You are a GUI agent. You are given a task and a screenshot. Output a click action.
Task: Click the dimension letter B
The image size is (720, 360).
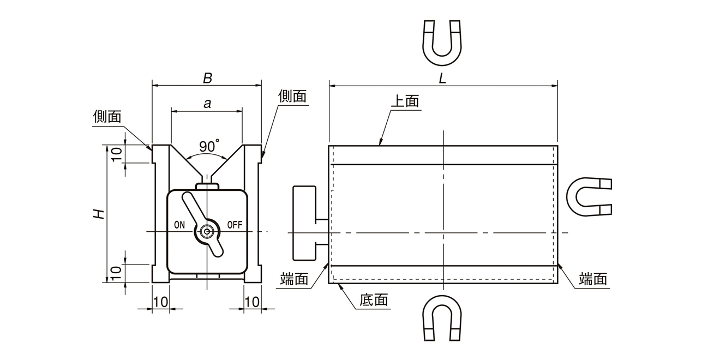[x=207, y=78]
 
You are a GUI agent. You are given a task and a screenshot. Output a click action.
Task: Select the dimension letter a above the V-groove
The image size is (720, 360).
[x=207, y=104]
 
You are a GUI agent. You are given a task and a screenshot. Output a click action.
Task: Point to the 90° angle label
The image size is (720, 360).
[x=208, y=146]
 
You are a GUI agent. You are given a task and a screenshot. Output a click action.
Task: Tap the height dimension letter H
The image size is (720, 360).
[x=98, y=214]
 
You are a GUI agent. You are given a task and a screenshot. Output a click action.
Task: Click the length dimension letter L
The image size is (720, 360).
[x=443, y=78]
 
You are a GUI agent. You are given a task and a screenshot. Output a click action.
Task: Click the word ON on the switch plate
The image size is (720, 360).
[x=179, y=224]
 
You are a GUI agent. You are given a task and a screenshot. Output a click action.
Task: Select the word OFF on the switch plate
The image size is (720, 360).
[x=235, y=224]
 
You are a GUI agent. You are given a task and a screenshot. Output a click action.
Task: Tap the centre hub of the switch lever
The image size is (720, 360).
[x=207, y=231]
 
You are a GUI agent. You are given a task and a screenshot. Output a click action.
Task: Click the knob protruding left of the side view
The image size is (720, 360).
[x=304, y=222]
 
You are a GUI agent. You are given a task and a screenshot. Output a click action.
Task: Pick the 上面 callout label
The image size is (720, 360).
[x=405, y=101]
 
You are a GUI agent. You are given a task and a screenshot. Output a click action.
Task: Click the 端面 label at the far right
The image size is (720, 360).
[x=593, y=279]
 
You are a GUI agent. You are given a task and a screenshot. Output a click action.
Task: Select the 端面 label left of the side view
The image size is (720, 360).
[x=294, y=279]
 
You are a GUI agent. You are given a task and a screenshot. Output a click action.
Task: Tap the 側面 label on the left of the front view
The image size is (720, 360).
[x=107, y=116]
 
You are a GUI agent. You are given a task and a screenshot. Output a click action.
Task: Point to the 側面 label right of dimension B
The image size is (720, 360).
[x=292, y=96]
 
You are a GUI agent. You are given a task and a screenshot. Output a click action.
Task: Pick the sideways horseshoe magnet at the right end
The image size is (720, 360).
[x=589, y=196]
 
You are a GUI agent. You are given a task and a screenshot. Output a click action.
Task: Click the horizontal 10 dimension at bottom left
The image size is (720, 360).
[x=161, y=301]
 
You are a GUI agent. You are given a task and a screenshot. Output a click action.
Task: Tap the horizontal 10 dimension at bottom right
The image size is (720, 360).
[x=251, y=301]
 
